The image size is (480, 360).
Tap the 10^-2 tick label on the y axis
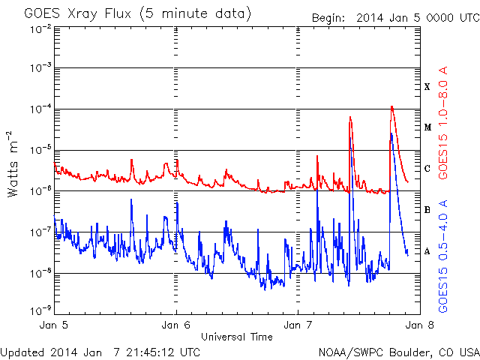coord(40,28)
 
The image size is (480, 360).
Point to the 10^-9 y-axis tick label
coord(40,309)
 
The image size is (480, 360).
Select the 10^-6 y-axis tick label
coord(40,189)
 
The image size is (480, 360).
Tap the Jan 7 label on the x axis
coord(298,326)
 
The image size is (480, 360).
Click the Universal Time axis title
coord(236,337)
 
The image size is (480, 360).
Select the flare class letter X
coord(427,87)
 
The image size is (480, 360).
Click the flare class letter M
coord(427,127)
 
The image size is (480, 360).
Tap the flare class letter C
coord(427,169)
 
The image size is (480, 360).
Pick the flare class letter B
coord(427,210)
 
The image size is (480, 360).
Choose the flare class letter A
coord(427,251)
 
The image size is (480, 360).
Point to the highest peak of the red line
coord(391,106)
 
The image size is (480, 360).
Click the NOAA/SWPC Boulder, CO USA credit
coord(398,352)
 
